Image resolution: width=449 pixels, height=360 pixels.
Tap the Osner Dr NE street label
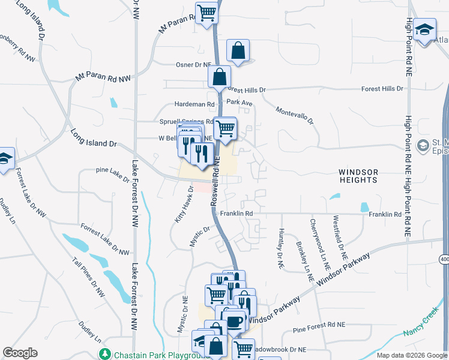(193, 65)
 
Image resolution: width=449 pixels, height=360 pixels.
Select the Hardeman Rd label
(194, 104)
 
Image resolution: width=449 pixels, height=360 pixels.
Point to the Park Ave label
(240, 103)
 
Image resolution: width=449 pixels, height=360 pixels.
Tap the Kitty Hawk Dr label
(184, 204)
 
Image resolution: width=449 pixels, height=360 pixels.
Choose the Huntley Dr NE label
(281, 248)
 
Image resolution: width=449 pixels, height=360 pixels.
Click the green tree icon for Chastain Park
(106, 353)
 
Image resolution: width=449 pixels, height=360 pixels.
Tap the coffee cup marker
(235, 321)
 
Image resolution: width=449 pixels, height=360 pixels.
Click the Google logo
(20, 353)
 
